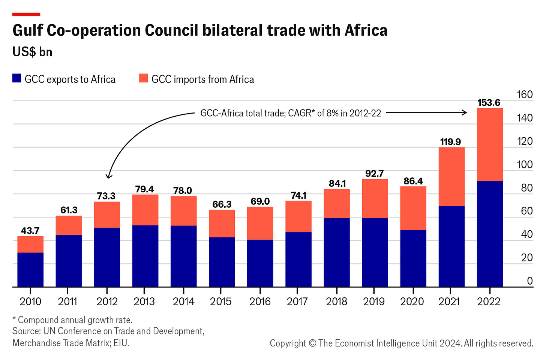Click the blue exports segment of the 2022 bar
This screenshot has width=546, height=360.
[489, 234]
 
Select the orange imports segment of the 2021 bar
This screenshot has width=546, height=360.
[451, 177]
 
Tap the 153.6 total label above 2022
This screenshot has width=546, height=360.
[489, 103]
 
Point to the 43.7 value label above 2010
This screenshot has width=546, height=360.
[30, 231]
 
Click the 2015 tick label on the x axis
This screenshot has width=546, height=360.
[221, 301]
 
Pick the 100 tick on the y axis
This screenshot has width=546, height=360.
[524, 165]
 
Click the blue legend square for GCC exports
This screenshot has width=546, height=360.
[17, 78]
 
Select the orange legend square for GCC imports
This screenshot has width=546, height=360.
[144, 78]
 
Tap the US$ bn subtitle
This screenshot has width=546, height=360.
[32, 52]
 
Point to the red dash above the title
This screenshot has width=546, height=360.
[26, 15]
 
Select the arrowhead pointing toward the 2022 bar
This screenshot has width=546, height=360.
[465, 112]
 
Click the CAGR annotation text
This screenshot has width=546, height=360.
[291, 113]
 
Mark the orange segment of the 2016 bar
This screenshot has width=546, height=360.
[260, 223]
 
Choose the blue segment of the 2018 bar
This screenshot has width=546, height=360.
[336, 252]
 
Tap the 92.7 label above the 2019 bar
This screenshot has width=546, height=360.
[374, 174]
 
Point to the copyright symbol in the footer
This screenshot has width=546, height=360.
[312, 343]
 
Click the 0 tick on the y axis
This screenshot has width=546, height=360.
[529, 281]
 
